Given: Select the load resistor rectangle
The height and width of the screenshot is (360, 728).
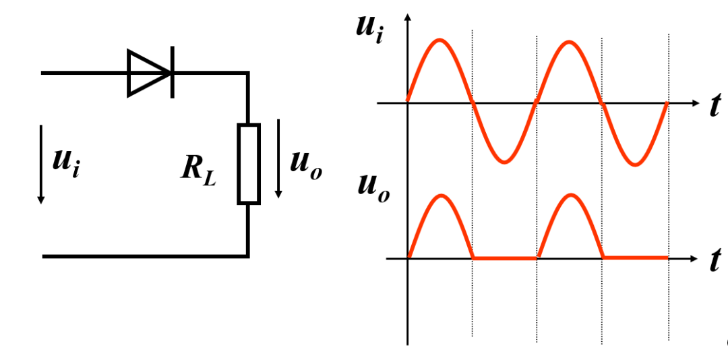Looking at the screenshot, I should point(248,164).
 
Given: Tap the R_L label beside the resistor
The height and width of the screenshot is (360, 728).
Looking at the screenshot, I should point(198,169).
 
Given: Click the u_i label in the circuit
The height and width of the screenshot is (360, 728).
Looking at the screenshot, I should point(65,162).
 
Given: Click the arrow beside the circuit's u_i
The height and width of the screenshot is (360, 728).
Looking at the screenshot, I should point(41,164).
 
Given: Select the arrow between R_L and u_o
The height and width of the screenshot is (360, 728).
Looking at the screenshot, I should point(278,159).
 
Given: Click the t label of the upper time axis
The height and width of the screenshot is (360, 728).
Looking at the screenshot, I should point(715,106).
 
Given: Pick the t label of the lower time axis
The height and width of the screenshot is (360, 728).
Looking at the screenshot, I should point(715,260).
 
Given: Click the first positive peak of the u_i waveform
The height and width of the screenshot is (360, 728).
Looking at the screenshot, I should point(439,40).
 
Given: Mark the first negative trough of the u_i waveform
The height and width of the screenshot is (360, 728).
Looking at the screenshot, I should point(504,162).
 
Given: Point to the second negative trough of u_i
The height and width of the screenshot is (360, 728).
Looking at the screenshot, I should point(634,164).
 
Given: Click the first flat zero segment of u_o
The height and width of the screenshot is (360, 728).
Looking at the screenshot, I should point(505,258).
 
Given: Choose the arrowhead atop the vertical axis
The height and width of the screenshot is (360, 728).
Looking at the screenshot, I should point(407,17).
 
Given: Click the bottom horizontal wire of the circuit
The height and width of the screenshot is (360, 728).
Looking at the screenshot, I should point(145,256).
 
